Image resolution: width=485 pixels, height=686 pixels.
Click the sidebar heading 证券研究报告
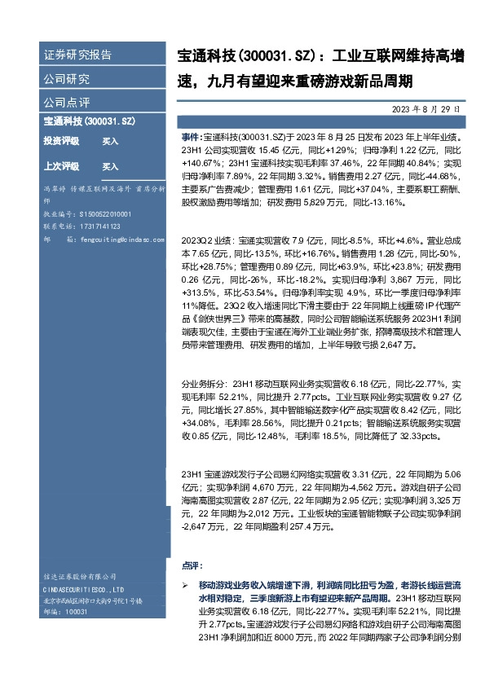click(77, 55)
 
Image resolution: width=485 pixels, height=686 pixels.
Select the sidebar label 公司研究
click(67, 79)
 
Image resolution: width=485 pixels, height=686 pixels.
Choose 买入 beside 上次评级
click(110, 166)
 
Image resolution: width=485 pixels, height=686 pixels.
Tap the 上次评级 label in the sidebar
click(61, 166)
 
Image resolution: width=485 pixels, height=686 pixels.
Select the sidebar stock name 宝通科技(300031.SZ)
click(89, 121)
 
